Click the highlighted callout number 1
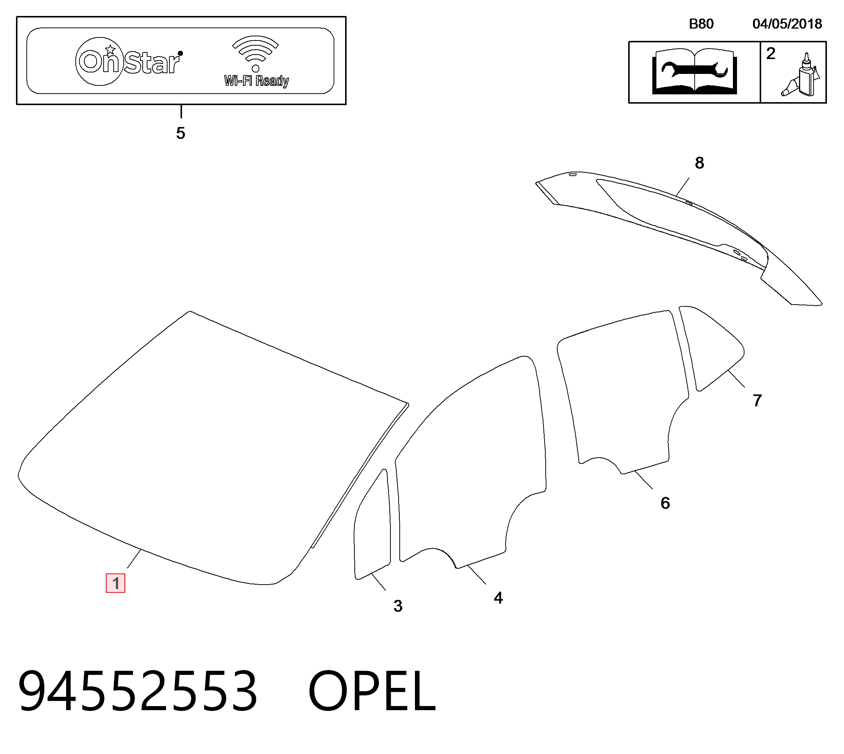[116, 583]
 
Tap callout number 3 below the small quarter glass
[398, 606]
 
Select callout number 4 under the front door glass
[499, 598]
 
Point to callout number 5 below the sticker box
[181, 133]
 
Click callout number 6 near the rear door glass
[665, 503]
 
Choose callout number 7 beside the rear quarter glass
[757, 401]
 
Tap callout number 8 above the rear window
[699, 163]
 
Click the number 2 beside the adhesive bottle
[771, 53]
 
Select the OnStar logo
[129, 61]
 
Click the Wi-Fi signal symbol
[256, 53]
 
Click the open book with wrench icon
[694, 72]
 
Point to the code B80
[701, 24]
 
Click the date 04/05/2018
[787, 24]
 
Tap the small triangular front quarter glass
[373, 524]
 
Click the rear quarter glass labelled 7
[711, 348]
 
